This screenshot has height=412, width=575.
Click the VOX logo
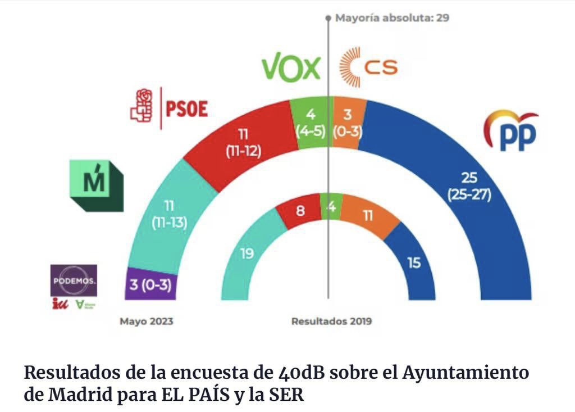tap(291, 68)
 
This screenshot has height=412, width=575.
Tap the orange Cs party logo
tap(368, 68)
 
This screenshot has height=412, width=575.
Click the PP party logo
tap(510, 131)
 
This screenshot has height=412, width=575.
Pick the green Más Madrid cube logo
tap(96, 185)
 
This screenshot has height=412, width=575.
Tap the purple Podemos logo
tap(74, 280)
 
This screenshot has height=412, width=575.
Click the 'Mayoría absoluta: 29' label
tap(392, 17)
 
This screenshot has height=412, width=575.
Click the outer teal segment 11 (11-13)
tap(168, 215)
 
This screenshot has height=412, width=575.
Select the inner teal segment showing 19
tap(246, 253)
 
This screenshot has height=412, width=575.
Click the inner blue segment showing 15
tap(414, 262)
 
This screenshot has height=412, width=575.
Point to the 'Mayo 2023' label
tap(146, 322)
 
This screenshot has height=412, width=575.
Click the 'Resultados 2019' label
tap(331, 322)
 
